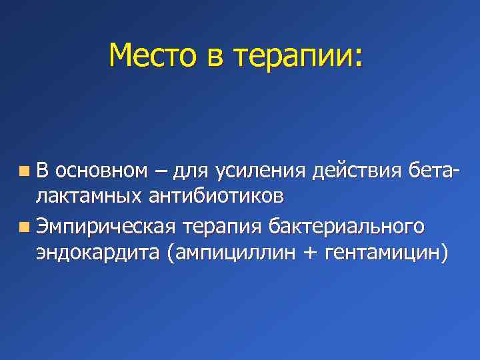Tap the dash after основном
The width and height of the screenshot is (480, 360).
[161, 173]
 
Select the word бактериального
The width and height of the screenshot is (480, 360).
[345, 227]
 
